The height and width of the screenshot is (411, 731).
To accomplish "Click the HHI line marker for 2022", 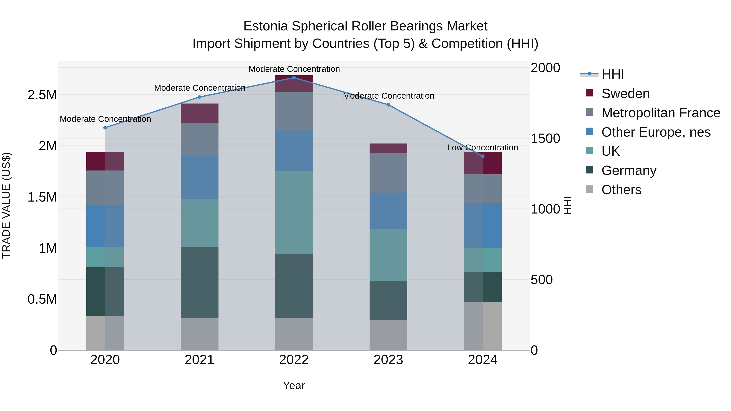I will pos(294,78).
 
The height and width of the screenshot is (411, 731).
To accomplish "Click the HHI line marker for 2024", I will pos(482,156).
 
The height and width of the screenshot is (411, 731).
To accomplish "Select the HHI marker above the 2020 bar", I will pos(105,128).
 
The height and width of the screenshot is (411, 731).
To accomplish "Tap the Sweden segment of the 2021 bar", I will pos(199,113).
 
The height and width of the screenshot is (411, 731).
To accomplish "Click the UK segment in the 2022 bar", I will pos(294,213).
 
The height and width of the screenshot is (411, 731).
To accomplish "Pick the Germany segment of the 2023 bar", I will pos(388,300).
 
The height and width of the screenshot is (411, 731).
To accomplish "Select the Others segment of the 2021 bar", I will pos(199,334).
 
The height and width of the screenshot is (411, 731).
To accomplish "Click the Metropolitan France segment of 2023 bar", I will pos(388,173).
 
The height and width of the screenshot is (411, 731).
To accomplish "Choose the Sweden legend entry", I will pos(625,94).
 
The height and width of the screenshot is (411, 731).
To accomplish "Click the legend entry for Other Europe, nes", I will pos(655,132).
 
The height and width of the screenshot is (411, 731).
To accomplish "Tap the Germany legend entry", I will pos(628,170).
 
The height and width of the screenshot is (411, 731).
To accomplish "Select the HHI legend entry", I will pos(612,74).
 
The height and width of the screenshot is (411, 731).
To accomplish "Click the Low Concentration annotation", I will pos(482,148).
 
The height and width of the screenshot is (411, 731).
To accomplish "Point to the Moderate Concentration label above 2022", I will pos(294,69).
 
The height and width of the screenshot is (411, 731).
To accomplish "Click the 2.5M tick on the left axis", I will pos(42,95).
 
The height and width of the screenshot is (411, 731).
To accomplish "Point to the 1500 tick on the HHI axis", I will pos(545,138).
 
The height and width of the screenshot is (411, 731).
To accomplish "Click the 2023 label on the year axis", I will pos(388,360).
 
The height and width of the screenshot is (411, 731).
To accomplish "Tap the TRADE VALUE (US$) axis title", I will pos(6,205).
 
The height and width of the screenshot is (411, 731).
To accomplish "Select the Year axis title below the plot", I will pos(294,385).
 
